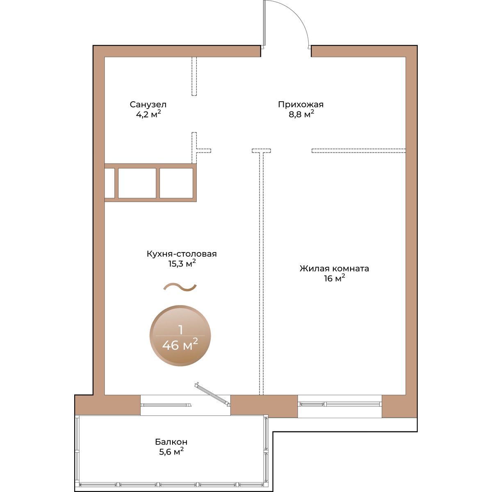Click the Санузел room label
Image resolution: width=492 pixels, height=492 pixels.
(148, 105)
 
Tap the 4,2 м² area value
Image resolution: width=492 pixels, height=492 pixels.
(148, 114)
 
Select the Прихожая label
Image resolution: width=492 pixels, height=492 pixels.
(301, 105)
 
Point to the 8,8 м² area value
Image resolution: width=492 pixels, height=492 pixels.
(301, 114)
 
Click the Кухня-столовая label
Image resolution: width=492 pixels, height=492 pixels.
(182, 254)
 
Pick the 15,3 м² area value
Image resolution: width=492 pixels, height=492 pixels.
(182, 264)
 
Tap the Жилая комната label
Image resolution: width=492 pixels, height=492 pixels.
(334, 269)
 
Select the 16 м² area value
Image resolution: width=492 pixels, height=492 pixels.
(335, 278)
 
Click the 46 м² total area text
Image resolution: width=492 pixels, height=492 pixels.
(180, 345)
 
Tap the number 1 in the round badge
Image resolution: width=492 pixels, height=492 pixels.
(181, 330)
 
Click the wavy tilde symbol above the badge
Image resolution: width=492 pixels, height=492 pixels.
(180, 287)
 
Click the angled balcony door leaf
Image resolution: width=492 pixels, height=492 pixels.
(212, 394)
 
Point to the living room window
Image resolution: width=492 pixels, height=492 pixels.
(339, 404)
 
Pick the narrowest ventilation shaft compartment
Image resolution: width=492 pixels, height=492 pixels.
(109, 183)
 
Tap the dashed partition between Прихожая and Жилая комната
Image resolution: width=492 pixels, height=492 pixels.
(358, 150)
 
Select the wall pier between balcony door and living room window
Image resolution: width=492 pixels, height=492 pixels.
(264, 406)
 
